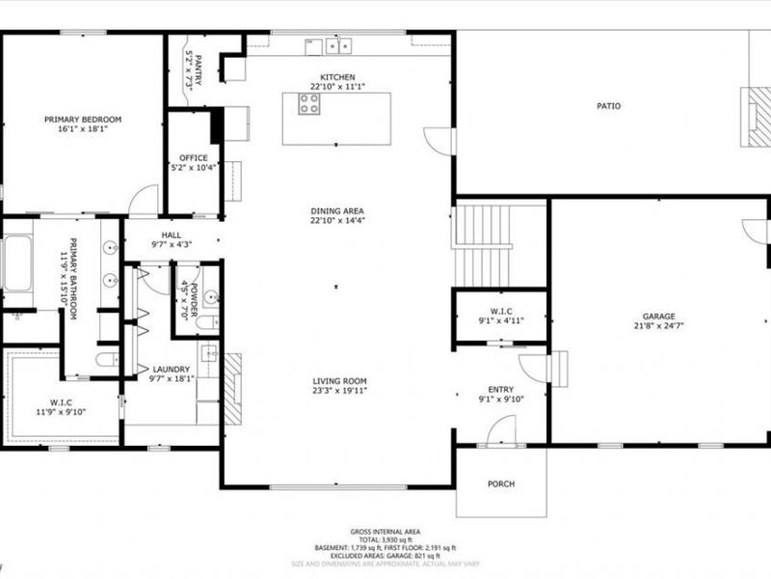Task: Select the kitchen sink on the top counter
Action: (337, 45)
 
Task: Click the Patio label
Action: (608, 105)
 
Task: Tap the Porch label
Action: (501, 483)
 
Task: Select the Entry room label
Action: (500, 388)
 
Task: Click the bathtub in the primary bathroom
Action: (17, 262)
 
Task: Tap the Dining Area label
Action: (337, 210)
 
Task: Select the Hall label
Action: (172, 234)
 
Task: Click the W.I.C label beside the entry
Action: (500, 311)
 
